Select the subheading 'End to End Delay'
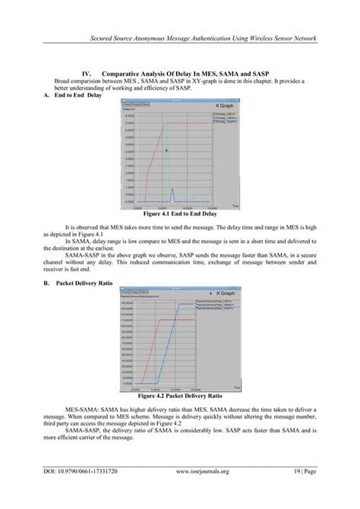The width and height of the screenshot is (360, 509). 77,96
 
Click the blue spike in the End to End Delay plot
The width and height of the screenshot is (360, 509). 172,194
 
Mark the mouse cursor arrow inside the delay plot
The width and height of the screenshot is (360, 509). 166,150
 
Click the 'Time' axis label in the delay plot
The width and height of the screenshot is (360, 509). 235,207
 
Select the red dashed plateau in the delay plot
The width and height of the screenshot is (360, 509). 205,123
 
